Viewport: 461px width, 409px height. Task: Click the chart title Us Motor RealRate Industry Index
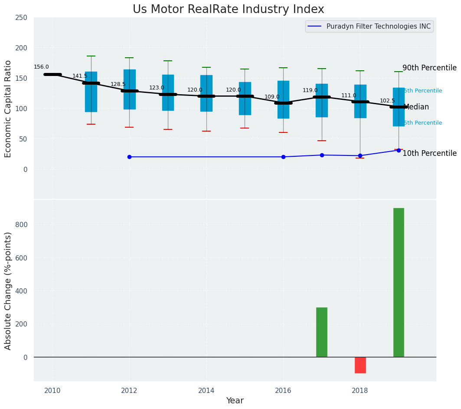pos(228,10)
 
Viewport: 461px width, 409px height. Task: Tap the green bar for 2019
pos(399,282)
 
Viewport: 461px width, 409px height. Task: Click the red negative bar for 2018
pos(360,365)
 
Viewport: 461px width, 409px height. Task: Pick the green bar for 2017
pos(321,332)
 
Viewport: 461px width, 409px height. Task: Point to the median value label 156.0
pos(41,67)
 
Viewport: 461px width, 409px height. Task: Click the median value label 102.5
pos(387,101)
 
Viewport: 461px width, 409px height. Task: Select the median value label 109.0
pos(272,97)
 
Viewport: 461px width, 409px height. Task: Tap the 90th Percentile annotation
pos(429,68)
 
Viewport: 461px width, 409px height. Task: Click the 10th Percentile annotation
pos(429,154)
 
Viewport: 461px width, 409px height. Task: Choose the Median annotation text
pos(416,107)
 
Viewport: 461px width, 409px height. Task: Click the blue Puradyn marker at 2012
pos(129,157)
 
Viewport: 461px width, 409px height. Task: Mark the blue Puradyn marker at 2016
pos(283,157)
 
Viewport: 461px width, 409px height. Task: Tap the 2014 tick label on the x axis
pos(206,390)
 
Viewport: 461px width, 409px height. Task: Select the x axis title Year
pos(235,401)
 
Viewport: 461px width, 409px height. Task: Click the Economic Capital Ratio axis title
pos(8,109)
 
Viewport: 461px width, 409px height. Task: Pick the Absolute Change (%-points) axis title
pos(8,290)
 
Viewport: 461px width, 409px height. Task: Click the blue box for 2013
pos(168,92)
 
